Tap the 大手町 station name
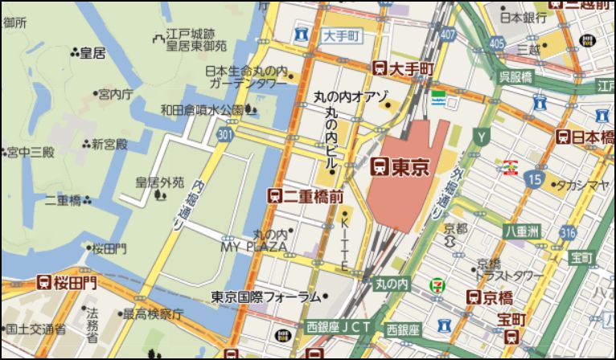411,70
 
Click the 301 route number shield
227,133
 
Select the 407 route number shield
447,35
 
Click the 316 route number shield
569,233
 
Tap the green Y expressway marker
482,137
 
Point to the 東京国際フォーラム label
266,297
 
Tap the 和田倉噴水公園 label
202,109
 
